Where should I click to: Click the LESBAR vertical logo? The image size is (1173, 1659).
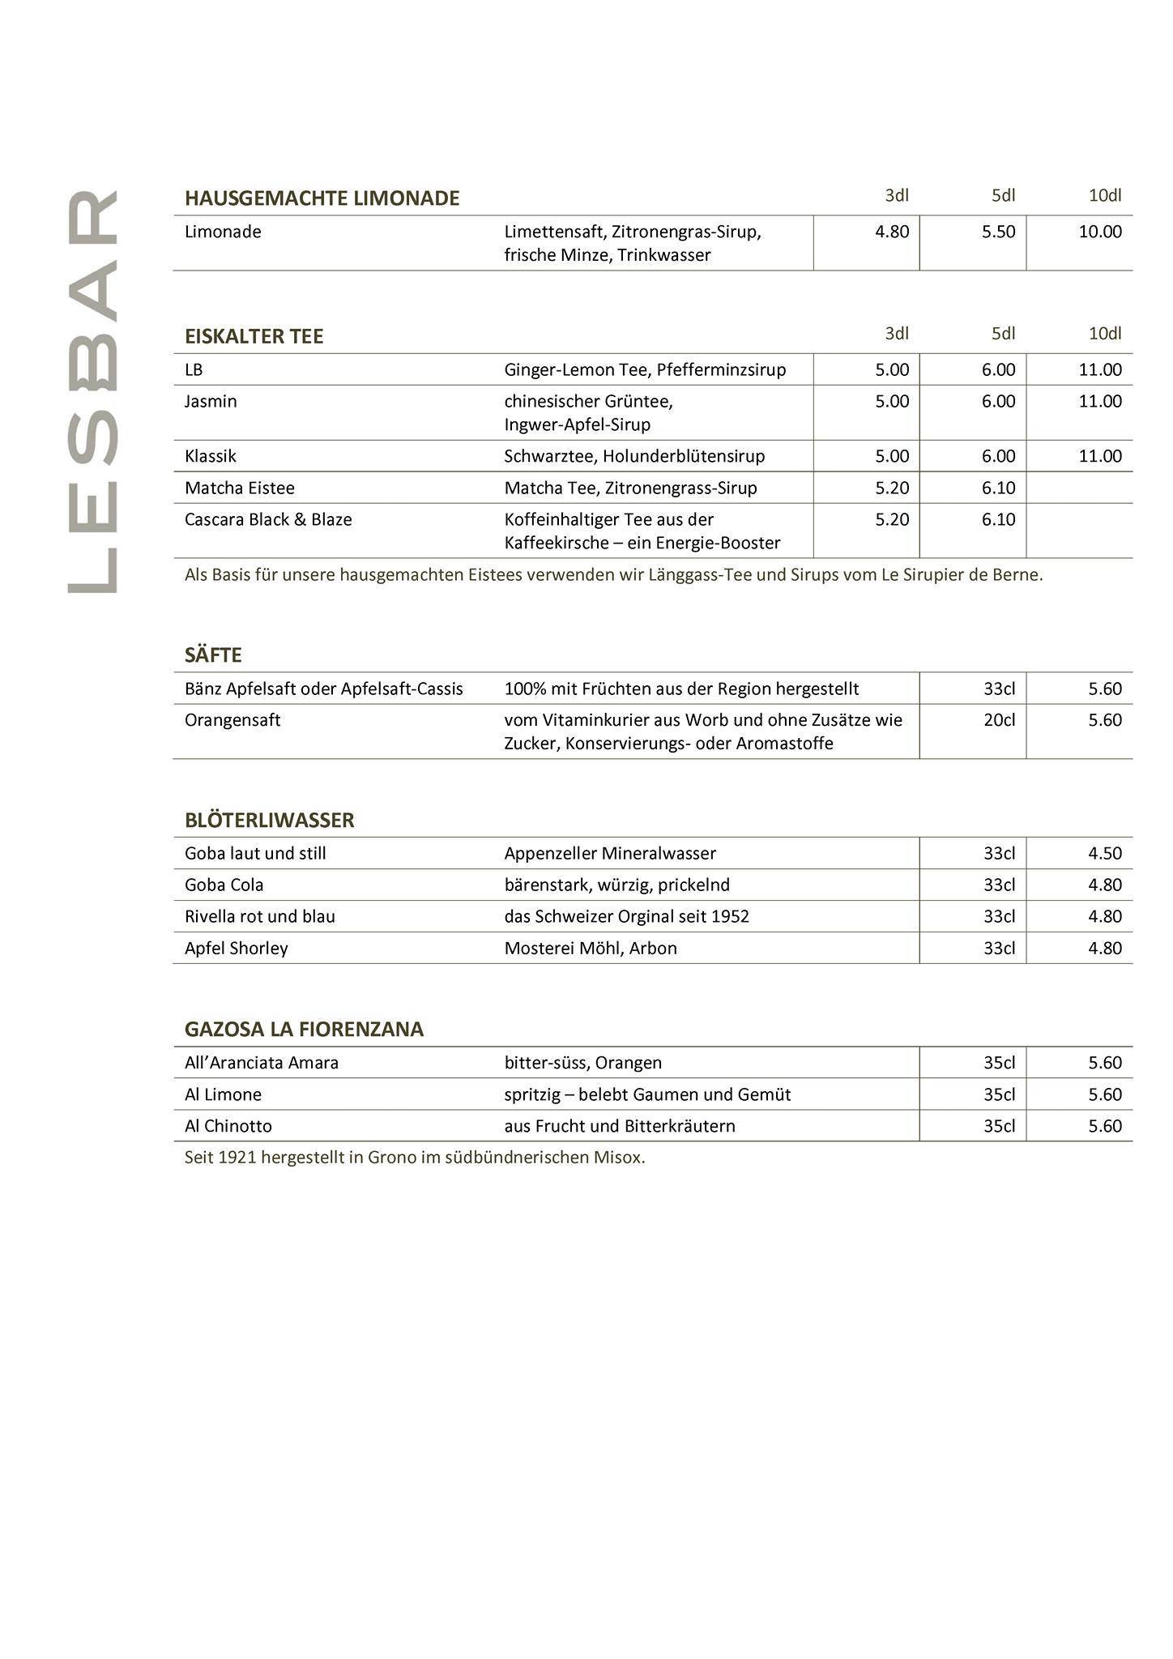[93, 392]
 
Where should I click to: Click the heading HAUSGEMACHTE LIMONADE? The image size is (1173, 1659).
[322, 198]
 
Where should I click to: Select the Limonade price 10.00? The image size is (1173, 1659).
[1099, 232]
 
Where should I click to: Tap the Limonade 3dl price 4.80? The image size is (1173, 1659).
[892, 232]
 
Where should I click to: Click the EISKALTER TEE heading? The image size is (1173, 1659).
[254, 336]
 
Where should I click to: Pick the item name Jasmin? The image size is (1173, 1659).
[211, 402]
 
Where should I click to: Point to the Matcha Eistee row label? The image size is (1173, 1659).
[239, 488]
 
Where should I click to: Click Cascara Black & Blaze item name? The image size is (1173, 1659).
[268, 520]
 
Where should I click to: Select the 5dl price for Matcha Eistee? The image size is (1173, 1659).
[998, 488]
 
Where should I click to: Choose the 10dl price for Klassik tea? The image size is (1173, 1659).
[1099, 457]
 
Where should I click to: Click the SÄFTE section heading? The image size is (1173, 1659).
[213, 655]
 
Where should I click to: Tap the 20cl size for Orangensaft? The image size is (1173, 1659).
[999, 720]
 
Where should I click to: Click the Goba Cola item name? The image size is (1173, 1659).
[224, 885]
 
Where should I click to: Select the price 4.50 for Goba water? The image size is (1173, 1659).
[1104, 854]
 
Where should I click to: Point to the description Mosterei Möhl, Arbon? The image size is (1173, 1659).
[591, 949]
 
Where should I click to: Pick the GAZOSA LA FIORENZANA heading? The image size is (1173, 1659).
[304, 1030]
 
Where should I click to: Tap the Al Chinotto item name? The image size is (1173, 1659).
[228, 1127]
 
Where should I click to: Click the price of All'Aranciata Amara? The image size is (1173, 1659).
[1104, 1064]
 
